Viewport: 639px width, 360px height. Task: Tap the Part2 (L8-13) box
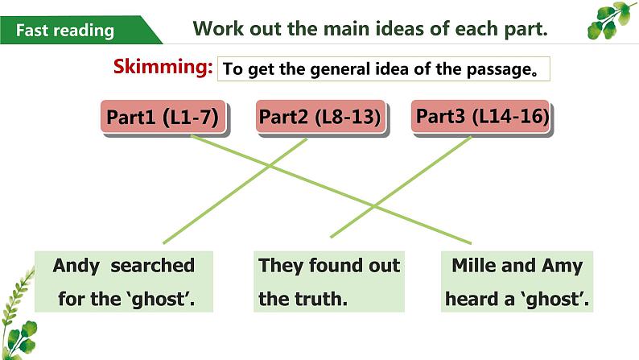pyautogui.click(x=319, y=118)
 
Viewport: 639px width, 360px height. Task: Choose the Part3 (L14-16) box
pyautogui.click(x=482, y=117)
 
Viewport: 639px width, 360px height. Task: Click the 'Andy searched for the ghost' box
pyautogui.click(x=124, y=282)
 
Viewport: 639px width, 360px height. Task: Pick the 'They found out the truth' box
pyautogui.click(x=328, y=282)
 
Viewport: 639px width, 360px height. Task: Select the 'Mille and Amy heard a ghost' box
pyautogui.click(x=517, y=282)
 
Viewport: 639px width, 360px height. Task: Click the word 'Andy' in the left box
pyautogui.click(x=76, y=266)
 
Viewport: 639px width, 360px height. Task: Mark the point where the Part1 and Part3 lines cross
pyautogui.click(x=374, y=205)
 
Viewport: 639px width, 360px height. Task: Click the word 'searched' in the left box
pyautogui.click(x=153, y=266)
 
